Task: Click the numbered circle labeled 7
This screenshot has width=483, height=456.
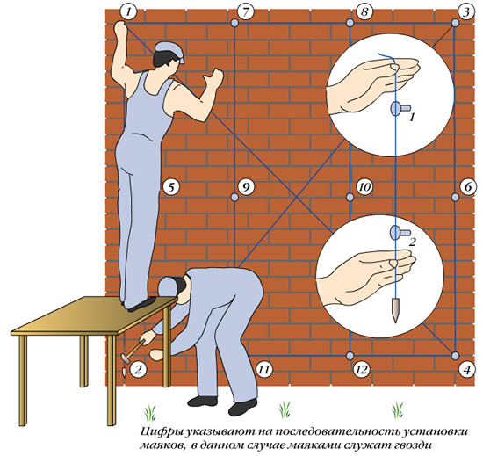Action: (245, 12)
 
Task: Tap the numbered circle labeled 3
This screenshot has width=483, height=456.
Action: (465, 12)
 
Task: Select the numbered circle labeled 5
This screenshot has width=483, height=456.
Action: (171, 187)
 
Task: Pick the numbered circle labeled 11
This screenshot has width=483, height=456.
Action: (264, 369)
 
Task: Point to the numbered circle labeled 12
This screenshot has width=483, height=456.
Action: (362, 369)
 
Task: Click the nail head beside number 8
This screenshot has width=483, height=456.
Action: (350, 23)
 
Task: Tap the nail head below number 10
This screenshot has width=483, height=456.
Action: (350, 197)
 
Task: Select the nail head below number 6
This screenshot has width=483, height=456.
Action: (455, 197)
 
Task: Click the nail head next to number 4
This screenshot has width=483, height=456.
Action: (455, 356)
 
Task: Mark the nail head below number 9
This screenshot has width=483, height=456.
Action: (234, 197)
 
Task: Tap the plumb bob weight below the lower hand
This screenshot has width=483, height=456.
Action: (395, 310)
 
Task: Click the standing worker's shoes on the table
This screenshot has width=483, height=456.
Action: (141, 303)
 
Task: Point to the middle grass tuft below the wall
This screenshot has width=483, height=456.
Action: (285, 409)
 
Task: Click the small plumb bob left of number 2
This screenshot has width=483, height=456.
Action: (124, 372)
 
